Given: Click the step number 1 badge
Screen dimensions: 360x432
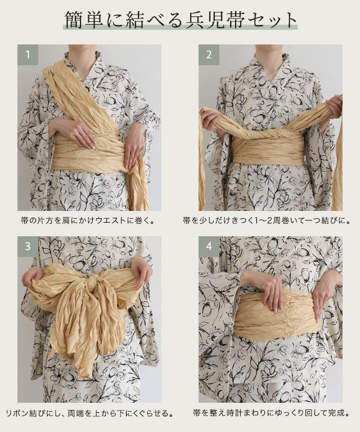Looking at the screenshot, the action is coord(28,55).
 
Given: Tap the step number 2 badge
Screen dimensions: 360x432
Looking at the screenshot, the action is coord(209,55).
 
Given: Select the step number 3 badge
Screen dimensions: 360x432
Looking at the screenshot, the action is coord(28,246).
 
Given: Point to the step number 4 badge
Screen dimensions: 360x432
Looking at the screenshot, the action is coord(209,246).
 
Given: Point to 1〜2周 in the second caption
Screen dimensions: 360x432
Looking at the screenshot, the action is coord(265,220).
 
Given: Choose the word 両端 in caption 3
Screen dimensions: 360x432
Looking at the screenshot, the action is coord(75,413).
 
